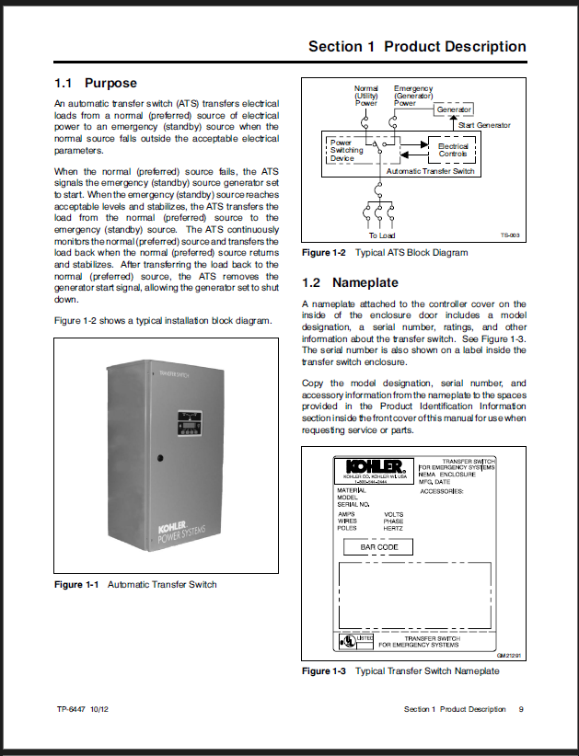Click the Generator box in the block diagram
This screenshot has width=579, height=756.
[x=454, y=109]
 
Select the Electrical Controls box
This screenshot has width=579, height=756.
[x=453, y=149]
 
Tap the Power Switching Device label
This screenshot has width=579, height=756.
[x=346, y=150]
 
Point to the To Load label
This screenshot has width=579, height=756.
[x=381, y=235]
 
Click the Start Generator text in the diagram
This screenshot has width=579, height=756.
[x=483, y=125]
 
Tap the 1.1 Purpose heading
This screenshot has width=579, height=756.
[x=96, y=83]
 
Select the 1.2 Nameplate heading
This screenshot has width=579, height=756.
[x=352, y=282]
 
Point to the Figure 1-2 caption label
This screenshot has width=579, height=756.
[x=325, y=253]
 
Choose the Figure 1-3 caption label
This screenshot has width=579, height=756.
[x=325, y=671]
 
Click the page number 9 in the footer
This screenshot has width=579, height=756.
[x=521, y=709]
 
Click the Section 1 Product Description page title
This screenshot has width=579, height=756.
[x=416, y=47]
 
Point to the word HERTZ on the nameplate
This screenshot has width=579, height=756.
[x=394, y=529]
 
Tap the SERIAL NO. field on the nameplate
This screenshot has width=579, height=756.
[x=353, y=504]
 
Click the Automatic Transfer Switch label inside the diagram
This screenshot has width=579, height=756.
[x=430, y=171]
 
